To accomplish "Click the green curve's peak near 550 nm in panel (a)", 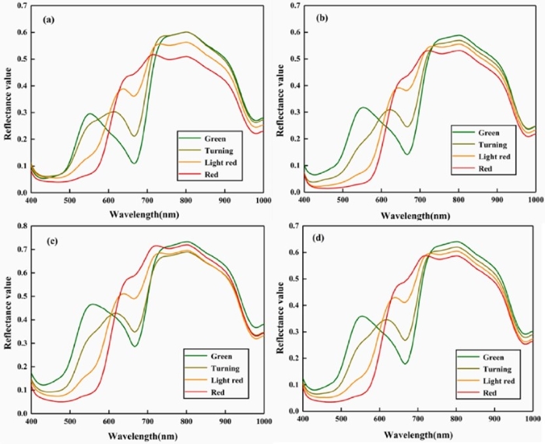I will (90, 114).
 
